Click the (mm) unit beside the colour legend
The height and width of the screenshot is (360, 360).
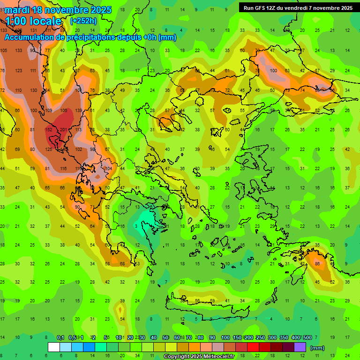pos(317,348)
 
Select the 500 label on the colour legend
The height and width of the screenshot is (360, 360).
pos(307,338)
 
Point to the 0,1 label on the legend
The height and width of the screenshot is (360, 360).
pos(60,338)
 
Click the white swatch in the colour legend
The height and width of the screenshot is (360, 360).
pos(54,347)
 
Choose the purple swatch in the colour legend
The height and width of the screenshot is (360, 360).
pos(300,347)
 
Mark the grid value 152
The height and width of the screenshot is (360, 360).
pos(48,130)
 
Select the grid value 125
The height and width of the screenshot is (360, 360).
pos(48,150)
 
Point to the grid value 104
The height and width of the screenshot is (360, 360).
pos(108,168)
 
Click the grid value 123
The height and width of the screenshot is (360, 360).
pos(18,71)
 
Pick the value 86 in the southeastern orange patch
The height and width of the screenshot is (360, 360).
pos(318,264)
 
